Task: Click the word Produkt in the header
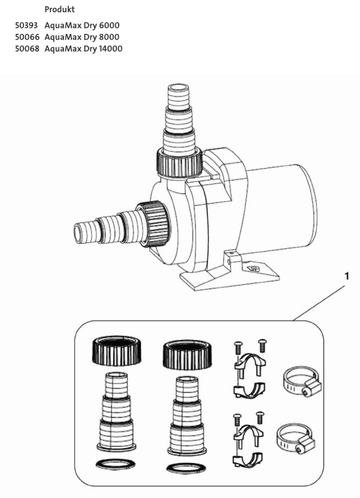(59, 9)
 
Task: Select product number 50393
(26, 25)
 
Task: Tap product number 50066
(27, 37)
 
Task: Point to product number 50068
(27, 49)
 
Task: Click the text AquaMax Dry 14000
(84, 49)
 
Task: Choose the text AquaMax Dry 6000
(82, 25)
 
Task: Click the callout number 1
(347, 276)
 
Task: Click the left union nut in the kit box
(116, 351)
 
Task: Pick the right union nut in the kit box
(187, 355)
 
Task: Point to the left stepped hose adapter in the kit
(116, 411)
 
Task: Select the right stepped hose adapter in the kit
(187, 416)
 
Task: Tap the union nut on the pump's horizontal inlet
(154, 224)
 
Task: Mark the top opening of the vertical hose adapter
(178, 87)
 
